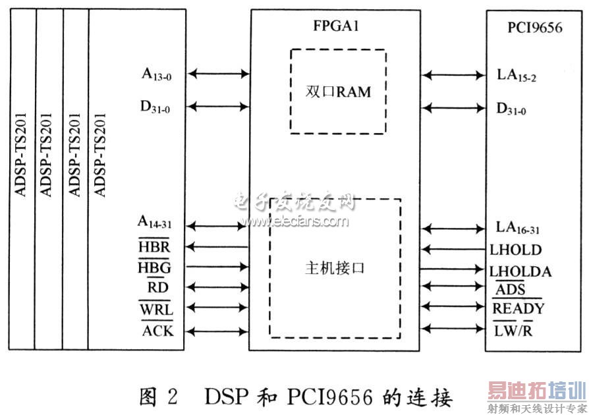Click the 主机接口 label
pos(335,269)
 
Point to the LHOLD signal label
pos(515,250)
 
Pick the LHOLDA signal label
pos(520,271)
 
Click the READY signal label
pos(518,308)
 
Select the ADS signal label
pos(510,289)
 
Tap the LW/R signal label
pos(513,330)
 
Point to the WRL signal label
pos(156,308)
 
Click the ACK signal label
pos(158,330)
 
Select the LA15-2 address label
pos(516,76)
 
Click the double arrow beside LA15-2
pos(455,76)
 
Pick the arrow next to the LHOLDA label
pos(455,269)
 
